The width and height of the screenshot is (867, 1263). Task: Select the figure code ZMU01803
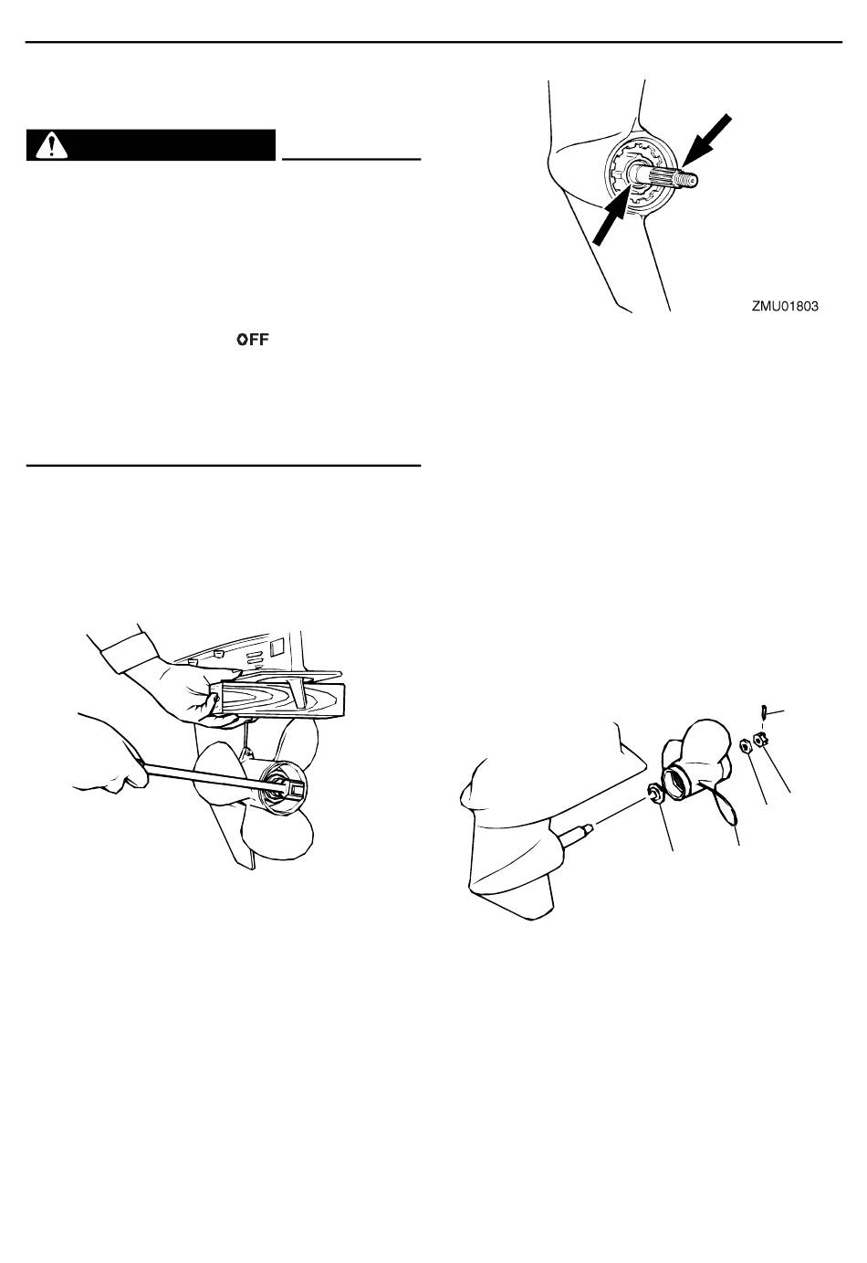click(785, 308)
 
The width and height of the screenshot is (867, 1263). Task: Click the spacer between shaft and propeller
click(653, 793)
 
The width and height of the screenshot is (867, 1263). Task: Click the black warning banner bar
click(151, 146)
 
